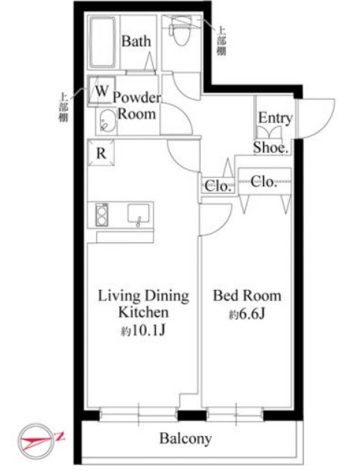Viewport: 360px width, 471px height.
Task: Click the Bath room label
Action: click(136, 42)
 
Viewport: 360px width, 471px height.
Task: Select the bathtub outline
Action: click(103, 42)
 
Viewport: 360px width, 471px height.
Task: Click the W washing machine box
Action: click(101, 91)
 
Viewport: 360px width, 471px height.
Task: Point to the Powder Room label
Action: click(137, 106)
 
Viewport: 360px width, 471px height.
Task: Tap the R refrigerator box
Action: click(101, 153)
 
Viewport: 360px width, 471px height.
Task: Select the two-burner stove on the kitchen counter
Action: click(102, 215)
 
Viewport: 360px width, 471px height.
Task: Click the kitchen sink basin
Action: click(138, 214)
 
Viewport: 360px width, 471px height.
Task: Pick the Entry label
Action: click(275, 118)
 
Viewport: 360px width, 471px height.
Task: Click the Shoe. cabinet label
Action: click(271, 148)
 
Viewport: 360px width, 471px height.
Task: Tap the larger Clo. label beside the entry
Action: click(264, 181)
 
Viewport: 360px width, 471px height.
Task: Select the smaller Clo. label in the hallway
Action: click(218, 186)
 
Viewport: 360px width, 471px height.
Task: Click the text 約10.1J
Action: click(143, 331)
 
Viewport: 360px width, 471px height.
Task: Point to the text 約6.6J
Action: click(247, 314)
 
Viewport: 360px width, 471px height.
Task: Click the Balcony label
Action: click(186, 438)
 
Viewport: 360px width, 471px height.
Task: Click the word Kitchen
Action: click(143, 312)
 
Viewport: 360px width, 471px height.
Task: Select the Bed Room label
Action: click(247, 296)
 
